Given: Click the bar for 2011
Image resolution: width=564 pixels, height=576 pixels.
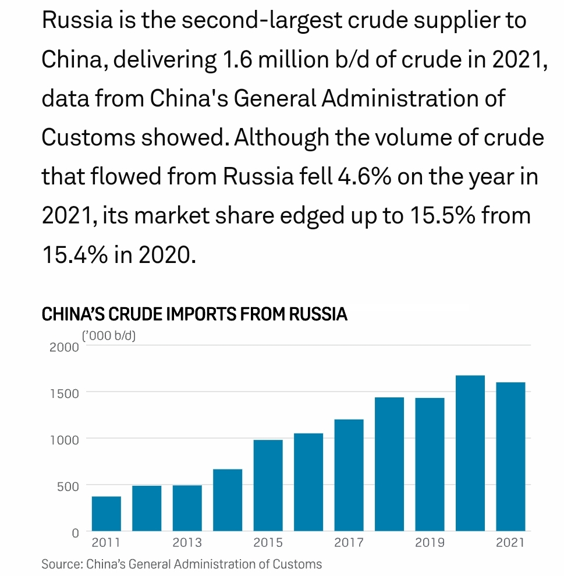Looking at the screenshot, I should pyautogui.click(x=107, y=513).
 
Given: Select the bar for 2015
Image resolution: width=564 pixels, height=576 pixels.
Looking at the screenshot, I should pyautogui.click(x=268, y=485).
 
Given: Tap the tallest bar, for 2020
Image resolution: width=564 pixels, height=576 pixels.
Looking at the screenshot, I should pyautogui.click(x=470, y=453).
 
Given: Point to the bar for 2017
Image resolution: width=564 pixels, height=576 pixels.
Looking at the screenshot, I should pyautogui.click(x=349, y=475).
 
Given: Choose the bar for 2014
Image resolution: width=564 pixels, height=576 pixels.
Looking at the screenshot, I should pyautogui.click(x=228, y=500).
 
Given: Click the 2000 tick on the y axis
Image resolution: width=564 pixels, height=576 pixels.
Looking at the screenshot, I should pyautogui.click(x=64, y=348).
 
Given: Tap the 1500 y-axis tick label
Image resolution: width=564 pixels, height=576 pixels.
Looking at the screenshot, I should pyautogui.click(x=64, y=393).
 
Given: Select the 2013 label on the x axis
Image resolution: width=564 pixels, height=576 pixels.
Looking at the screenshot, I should pyautogui.click(x=187, y=543).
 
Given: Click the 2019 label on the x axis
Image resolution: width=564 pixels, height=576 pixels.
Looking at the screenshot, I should pyautogui.click(x=430, y=543).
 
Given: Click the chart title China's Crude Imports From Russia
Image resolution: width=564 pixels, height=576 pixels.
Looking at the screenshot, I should pyautogui.click(x=194, y=315).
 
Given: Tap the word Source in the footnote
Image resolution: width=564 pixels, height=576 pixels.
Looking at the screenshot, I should pyautogui.click(x=61, y=564).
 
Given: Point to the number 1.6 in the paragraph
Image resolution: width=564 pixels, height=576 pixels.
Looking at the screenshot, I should pyautogui.click(x=232, y=60).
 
